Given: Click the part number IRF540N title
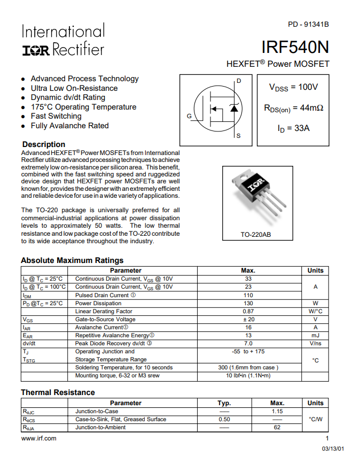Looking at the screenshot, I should point(295,47).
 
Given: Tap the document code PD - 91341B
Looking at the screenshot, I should point(308,25).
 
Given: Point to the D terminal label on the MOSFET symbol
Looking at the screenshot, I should point(238,81).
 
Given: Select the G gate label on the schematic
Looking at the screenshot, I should point(189,115).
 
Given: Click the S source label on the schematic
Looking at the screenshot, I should point(238,136).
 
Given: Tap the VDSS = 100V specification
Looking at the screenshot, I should point(293,87).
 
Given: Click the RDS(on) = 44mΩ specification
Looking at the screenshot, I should point(293,108).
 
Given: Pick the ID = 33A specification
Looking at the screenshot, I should point(293,128).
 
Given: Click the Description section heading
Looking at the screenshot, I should point(44,144).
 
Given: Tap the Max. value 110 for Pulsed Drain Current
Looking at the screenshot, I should point(248,295).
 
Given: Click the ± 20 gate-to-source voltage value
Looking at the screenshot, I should point(248,319).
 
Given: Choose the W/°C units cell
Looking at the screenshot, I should point(316,311).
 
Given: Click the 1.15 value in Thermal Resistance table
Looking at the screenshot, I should point(277,411).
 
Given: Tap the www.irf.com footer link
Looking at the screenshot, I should point(38,438).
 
